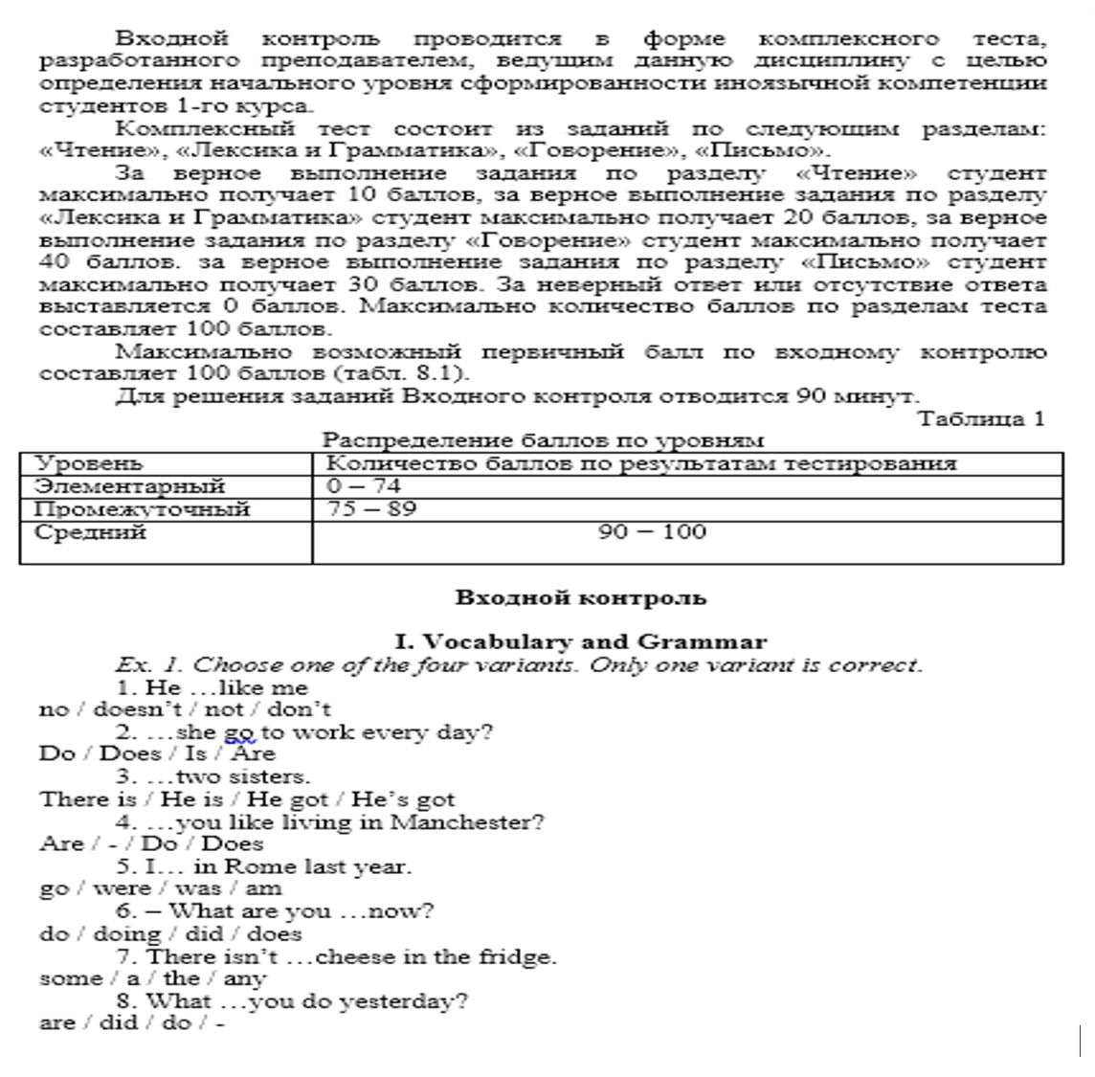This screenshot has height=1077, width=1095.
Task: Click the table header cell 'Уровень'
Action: pos(88,464)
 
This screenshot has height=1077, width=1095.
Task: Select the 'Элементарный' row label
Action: pos(129,486)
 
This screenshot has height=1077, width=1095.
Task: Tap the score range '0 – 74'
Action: pos(363,486)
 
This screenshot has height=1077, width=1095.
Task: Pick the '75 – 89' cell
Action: pos(371,508)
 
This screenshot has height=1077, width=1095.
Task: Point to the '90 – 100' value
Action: pos(652,532)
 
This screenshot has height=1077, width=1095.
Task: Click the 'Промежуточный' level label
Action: pos(142,509)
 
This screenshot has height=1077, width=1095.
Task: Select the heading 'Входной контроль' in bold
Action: pos(580,598)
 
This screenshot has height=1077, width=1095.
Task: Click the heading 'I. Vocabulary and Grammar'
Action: pos(580,642)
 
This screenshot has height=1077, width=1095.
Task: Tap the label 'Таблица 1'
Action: pos(981,418)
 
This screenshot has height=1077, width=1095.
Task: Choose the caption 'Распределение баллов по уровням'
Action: pos(543,440)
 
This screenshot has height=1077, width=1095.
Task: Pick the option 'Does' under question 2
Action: pos(130,754)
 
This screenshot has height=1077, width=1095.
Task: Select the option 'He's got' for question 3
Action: pos(402,799)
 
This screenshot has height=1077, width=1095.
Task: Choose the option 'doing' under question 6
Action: pos(126,934)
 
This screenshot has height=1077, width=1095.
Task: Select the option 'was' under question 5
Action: pos(197,889)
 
